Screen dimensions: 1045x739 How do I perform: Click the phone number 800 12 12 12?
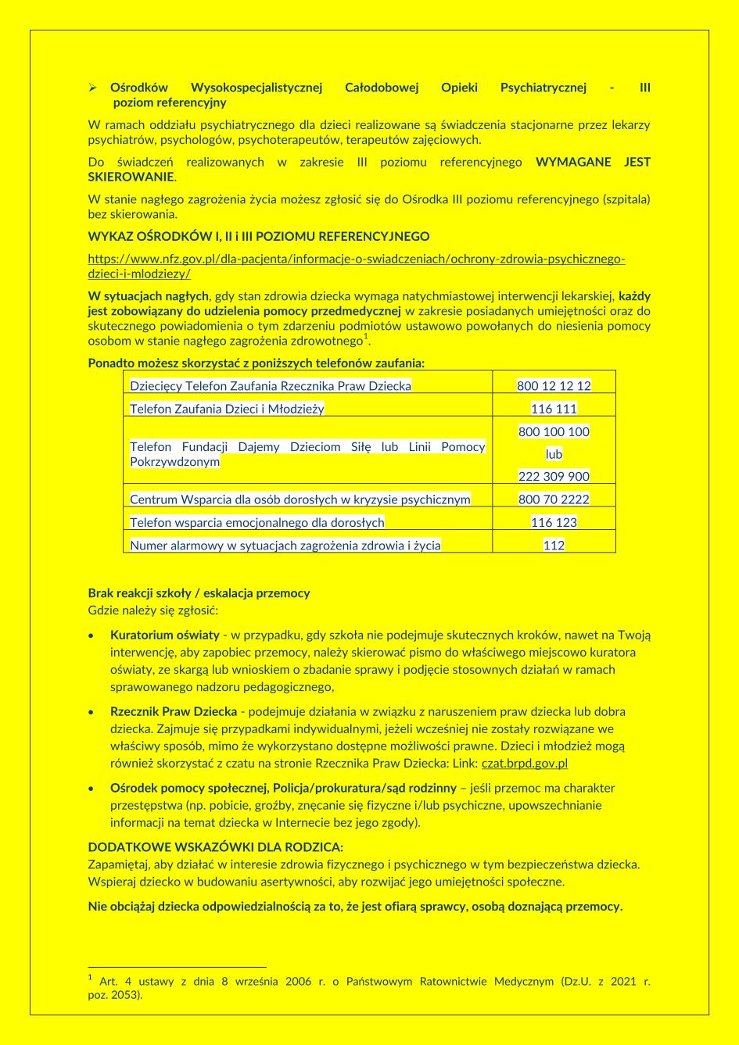click(x=554, y=386)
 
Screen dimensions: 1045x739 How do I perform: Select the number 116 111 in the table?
click(x=554, y=409)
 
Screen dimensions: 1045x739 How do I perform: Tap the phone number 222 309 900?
click(x=554, y=476)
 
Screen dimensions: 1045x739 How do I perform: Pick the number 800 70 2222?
click(x=554, y=499)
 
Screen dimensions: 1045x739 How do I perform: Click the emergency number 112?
click(x=554, y=546)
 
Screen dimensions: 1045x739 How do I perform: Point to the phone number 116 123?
click(x=554, y=522)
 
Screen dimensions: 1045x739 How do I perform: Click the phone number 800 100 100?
click(x=554, y=431)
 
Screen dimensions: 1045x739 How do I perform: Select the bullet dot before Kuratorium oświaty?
click(x=92, y=635)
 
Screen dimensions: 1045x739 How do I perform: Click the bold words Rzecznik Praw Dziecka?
click(x=174, y=712)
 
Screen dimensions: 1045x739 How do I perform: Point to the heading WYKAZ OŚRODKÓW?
click(x=258, y=236)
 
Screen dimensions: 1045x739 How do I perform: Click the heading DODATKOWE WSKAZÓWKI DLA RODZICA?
click(x=215, y=847)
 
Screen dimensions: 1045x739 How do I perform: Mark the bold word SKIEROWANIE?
click(x=131, y=177)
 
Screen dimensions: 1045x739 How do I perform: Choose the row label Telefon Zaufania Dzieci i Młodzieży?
click(x=227, y=409)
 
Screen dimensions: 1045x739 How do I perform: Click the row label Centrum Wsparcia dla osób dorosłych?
click(x=300, y=499)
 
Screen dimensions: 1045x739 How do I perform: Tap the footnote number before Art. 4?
click(x=90, y=978)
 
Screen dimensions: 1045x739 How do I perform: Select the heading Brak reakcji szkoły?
click(x=199, y=593)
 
